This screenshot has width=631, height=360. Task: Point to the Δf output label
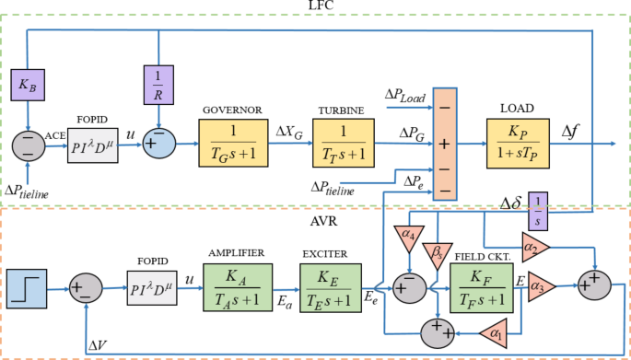tap(572, 132)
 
